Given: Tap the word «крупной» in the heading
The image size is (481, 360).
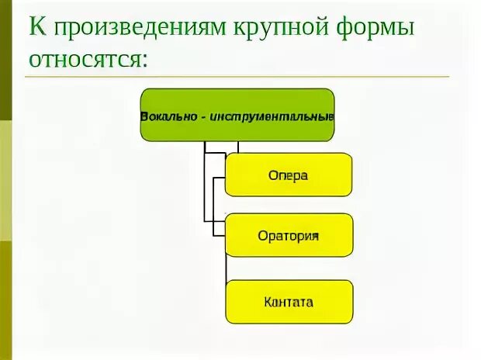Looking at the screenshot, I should click(278, 29).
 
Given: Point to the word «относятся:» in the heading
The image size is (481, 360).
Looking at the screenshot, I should click(88, 59).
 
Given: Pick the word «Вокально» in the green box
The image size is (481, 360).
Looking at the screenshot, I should click(168, 116).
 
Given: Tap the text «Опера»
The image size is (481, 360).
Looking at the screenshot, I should click(289, 175).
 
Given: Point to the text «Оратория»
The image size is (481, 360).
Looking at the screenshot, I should click(289, 235).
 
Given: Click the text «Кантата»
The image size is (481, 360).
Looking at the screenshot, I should click(289, 302).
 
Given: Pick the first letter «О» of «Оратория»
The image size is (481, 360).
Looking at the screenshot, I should click(262, 235).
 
